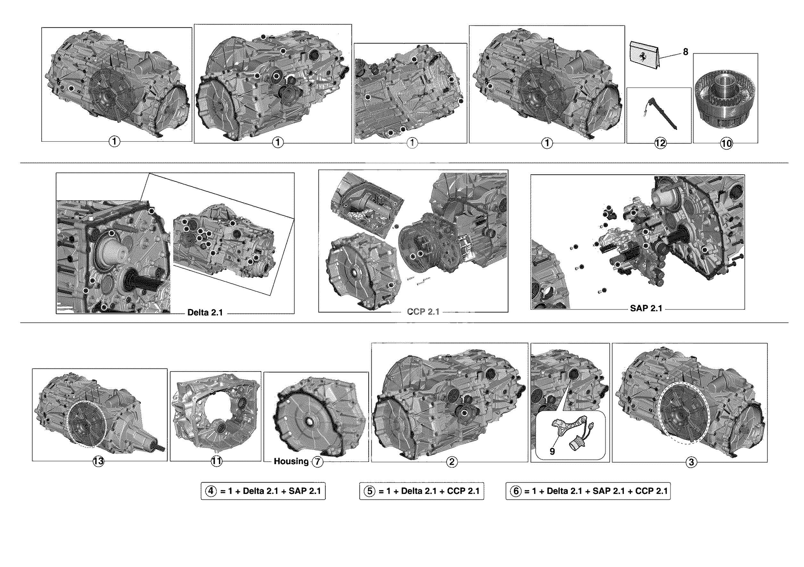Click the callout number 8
[x=685, y=52]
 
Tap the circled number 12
[x=660, y=143]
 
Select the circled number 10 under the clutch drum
[x=726, y=143]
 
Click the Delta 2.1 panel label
[x=205, y=313]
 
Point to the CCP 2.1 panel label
[x=423, y=312]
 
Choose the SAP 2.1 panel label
[x=646, y=308]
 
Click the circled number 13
[x=98, y=461]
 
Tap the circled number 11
[x=216, y=461]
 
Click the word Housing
[x=291, y=461]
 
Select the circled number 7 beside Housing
[x=317, y=462]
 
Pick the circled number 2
[x=451, y=462]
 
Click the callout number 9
[x=552, y=452]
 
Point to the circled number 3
[x=691, y=462]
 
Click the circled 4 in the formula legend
[x=211, y=491]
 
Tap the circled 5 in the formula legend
[x=369, y=491]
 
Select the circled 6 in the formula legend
[x=516, y=491]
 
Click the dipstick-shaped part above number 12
[x=663, y=114]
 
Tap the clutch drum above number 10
[x=725, y=98]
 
